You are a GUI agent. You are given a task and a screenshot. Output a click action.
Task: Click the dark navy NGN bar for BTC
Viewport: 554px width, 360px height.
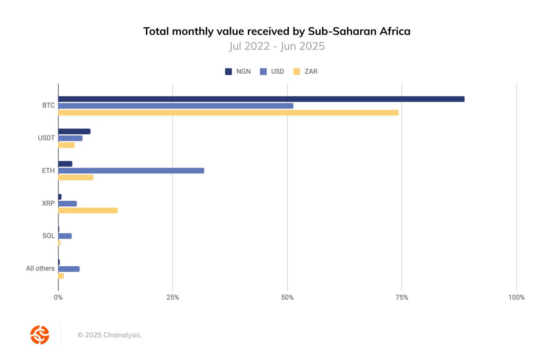coord(261,99)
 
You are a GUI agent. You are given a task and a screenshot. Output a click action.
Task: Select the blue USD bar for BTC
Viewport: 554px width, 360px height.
coord(175,106)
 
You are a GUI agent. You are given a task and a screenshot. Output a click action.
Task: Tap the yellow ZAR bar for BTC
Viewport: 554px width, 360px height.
coord(228,113)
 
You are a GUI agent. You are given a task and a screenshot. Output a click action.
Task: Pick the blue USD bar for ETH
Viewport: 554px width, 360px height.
coord(131,171)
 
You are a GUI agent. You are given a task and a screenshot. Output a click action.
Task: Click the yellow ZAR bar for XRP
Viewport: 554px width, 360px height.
coord(88,210)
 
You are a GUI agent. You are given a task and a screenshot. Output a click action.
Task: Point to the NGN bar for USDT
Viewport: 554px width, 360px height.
coord(74,132)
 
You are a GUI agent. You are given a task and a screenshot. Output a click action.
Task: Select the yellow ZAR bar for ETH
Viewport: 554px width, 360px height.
coord(75,178)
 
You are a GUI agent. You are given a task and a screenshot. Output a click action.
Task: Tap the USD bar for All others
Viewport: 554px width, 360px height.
coord(69,269)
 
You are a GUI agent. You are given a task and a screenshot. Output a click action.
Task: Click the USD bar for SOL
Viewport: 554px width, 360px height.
coord(65,236)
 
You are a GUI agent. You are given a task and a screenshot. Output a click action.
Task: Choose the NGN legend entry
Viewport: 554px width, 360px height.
coord(238,72)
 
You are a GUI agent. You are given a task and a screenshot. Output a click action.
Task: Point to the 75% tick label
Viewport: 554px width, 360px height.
coord(402,298)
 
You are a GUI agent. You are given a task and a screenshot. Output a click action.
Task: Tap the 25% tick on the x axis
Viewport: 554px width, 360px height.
coord(172,298)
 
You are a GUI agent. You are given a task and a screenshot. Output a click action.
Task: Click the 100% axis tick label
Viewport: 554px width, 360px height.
coord(516,298)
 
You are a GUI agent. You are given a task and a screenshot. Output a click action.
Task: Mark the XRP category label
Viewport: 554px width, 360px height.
coord(48,204)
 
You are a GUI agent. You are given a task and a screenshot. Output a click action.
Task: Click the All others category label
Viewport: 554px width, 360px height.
coord(40,269)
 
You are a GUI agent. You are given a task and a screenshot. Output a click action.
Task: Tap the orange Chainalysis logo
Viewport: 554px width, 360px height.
coord(40,335)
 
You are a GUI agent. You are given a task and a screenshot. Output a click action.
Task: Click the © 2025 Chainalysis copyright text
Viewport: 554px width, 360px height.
coord(109,335)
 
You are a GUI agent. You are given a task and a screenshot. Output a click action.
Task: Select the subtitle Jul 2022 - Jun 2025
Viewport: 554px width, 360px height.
coord(277,46)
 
